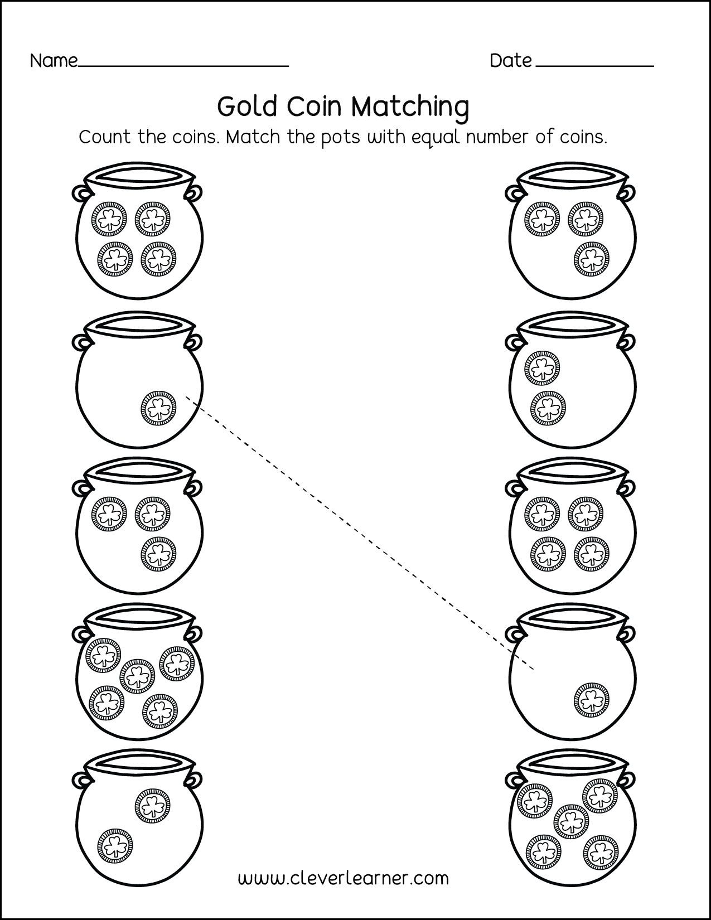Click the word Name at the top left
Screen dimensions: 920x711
pyautogui.click(x=54, y=61)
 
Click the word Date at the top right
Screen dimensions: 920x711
pyautogui.click(x=510, y=61)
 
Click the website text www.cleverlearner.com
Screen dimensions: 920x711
pyautogui.click(x=343, y=879)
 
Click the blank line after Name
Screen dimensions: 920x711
pyautogui.click(x=184, y=66)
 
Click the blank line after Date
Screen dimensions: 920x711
pyautogui.click(x=594, y=66)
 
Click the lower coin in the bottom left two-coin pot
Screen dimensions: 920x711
pyautogui.click(x=115, y=845)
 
